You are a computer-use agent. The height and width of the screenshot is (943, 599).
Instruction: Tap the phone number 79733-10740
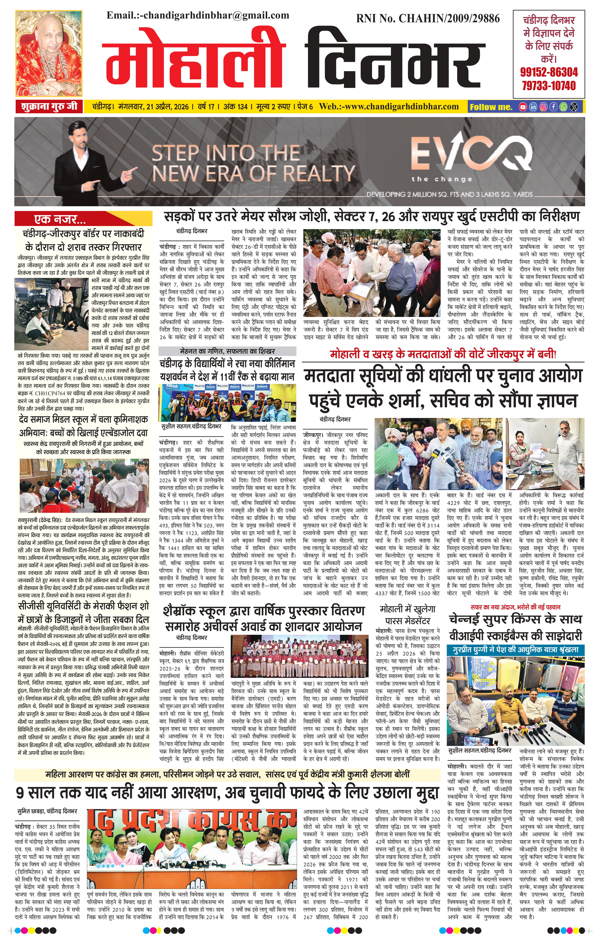549,86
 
